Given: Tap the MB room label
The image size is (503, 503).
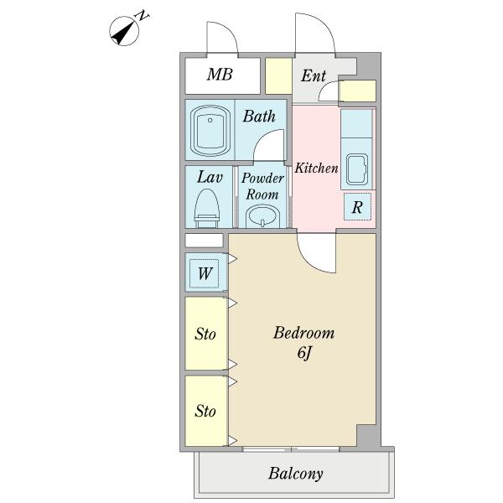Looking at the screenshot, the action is pos(220,75).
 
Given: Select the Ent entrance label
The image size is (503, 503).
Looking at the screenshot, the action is pos(314,75).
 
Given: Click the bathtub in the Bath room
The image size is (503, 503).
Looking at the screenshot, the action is pos(210,131).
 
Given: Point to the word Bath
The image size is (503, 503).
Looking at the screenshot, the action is pos(259,117).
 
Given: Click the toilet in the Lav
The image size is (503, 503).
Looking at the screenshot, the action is pos(207,209).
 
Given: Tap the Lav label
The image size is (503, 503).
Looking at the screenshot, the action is pos(210,177).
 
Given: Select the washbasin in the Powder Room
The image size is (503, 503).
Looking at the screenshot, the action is pos(262,217).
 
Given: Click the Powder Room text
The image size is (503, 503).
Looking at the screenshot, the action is pos(262,186).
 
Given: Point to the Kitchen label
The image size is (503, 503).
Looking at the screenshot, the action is pos(316,168).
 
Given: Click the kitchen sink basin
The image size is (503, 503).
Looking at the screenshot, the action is pos(356,169).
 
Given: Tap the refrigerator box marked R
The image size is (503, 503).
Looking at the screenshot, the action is pos(357,207).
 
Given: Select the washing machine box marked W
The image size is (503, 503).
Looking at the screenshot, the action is pos(205,273).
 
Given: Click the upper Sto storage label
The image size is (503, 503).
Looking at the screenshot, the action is pos(205,334).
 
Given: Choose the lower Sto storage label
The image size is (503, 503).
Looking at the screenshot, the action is pos(205,411).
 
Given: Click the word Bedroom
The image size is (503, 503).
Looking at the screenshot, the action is pos(303,333).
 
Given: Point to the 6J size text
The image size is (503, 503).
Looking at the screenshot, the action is pos(303,353).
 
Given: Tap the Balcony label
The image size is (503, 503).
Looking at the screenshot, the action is pos(295,474).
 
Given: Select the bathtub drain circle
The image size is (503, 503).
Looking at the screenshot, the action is pos(210,120).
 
